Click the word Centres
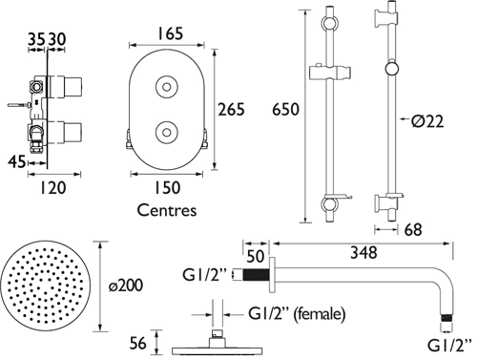168,207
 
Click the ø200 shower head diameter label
124,286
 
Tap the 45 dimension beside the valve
14,162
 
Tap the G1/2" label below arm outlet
447,348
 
